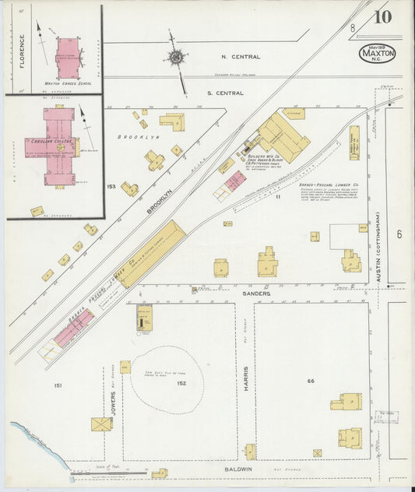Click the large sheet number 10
pyautogui.click(x=382, y=17)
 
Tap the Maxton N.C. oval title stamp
pyautogui.click(x=378, y=53)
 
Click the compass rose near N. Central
pyautogui.click(x=177, y=57)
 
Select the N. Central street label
pyautogui.click(x=240, y=57)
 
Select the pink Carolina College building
pyautogui.click(x=58, y=146)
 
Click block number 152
pyautogui.click(x=181, y=383)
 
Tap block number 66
pyautogui.click(x=311, y=380)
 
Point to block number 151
pyautogui.click(x=58, y=385)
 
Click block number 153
pyautogui.click(x=111, y=186)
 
